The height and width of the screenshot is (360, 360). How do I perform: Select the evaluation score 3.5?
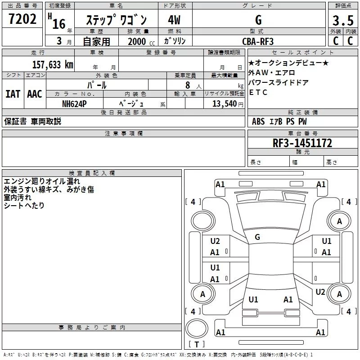[342, 21]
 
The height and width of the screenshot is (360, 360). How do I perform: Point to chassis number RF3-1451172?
[302, 143]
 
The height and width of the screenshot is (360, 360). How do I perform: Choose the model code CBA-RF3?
[258, 41]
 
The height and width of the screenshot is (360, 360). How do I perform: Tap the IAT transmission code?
[13, 94]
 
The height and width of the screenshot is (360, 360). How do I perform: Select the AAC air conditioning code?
[34, 94]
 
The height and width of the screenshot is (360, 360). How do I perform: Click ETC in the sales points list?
[258, 93]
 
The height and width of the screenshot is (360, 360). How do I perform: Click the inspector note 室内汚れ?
[18, 198]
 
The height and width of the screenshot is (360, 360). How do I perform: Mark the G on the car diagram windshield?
[257, 237]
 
